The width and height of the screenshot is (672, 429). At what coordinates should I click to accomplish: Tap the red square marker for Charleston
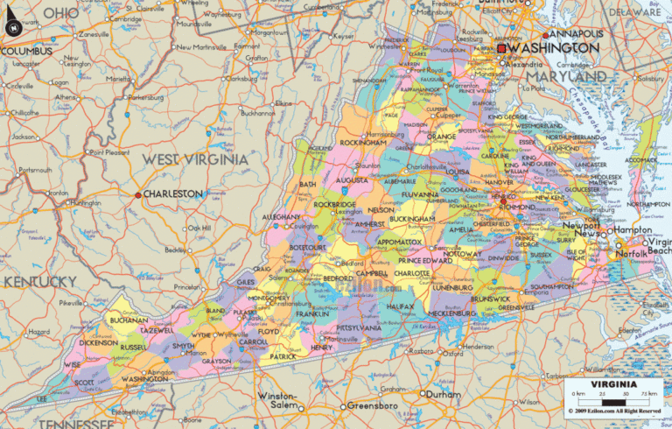pos(138,194)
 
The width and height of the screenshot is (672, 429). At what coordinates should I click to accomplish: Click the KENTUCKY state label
pos(40,281)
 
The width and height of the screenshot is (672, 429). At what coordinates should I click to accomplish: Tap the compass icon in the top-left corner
pos(12,27)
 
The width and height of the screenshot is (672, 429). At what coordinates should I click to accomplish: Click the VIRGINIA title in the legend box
pos(612,383)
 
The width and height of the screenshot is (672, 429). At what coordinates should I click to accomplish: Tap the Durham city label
pos(443,394)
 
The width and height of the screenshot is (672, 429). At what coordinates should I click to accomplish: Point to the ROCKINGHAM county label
pos(362,143)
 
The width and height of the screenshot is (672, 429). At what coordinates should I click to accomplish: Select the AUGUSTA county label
pos(351,180)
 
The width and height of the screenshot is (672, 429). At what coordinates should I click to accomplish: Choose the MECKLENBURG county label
pos(453,313)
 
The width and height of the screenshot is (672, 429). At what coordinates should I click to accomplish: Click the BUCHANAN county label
pos(129,321)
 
